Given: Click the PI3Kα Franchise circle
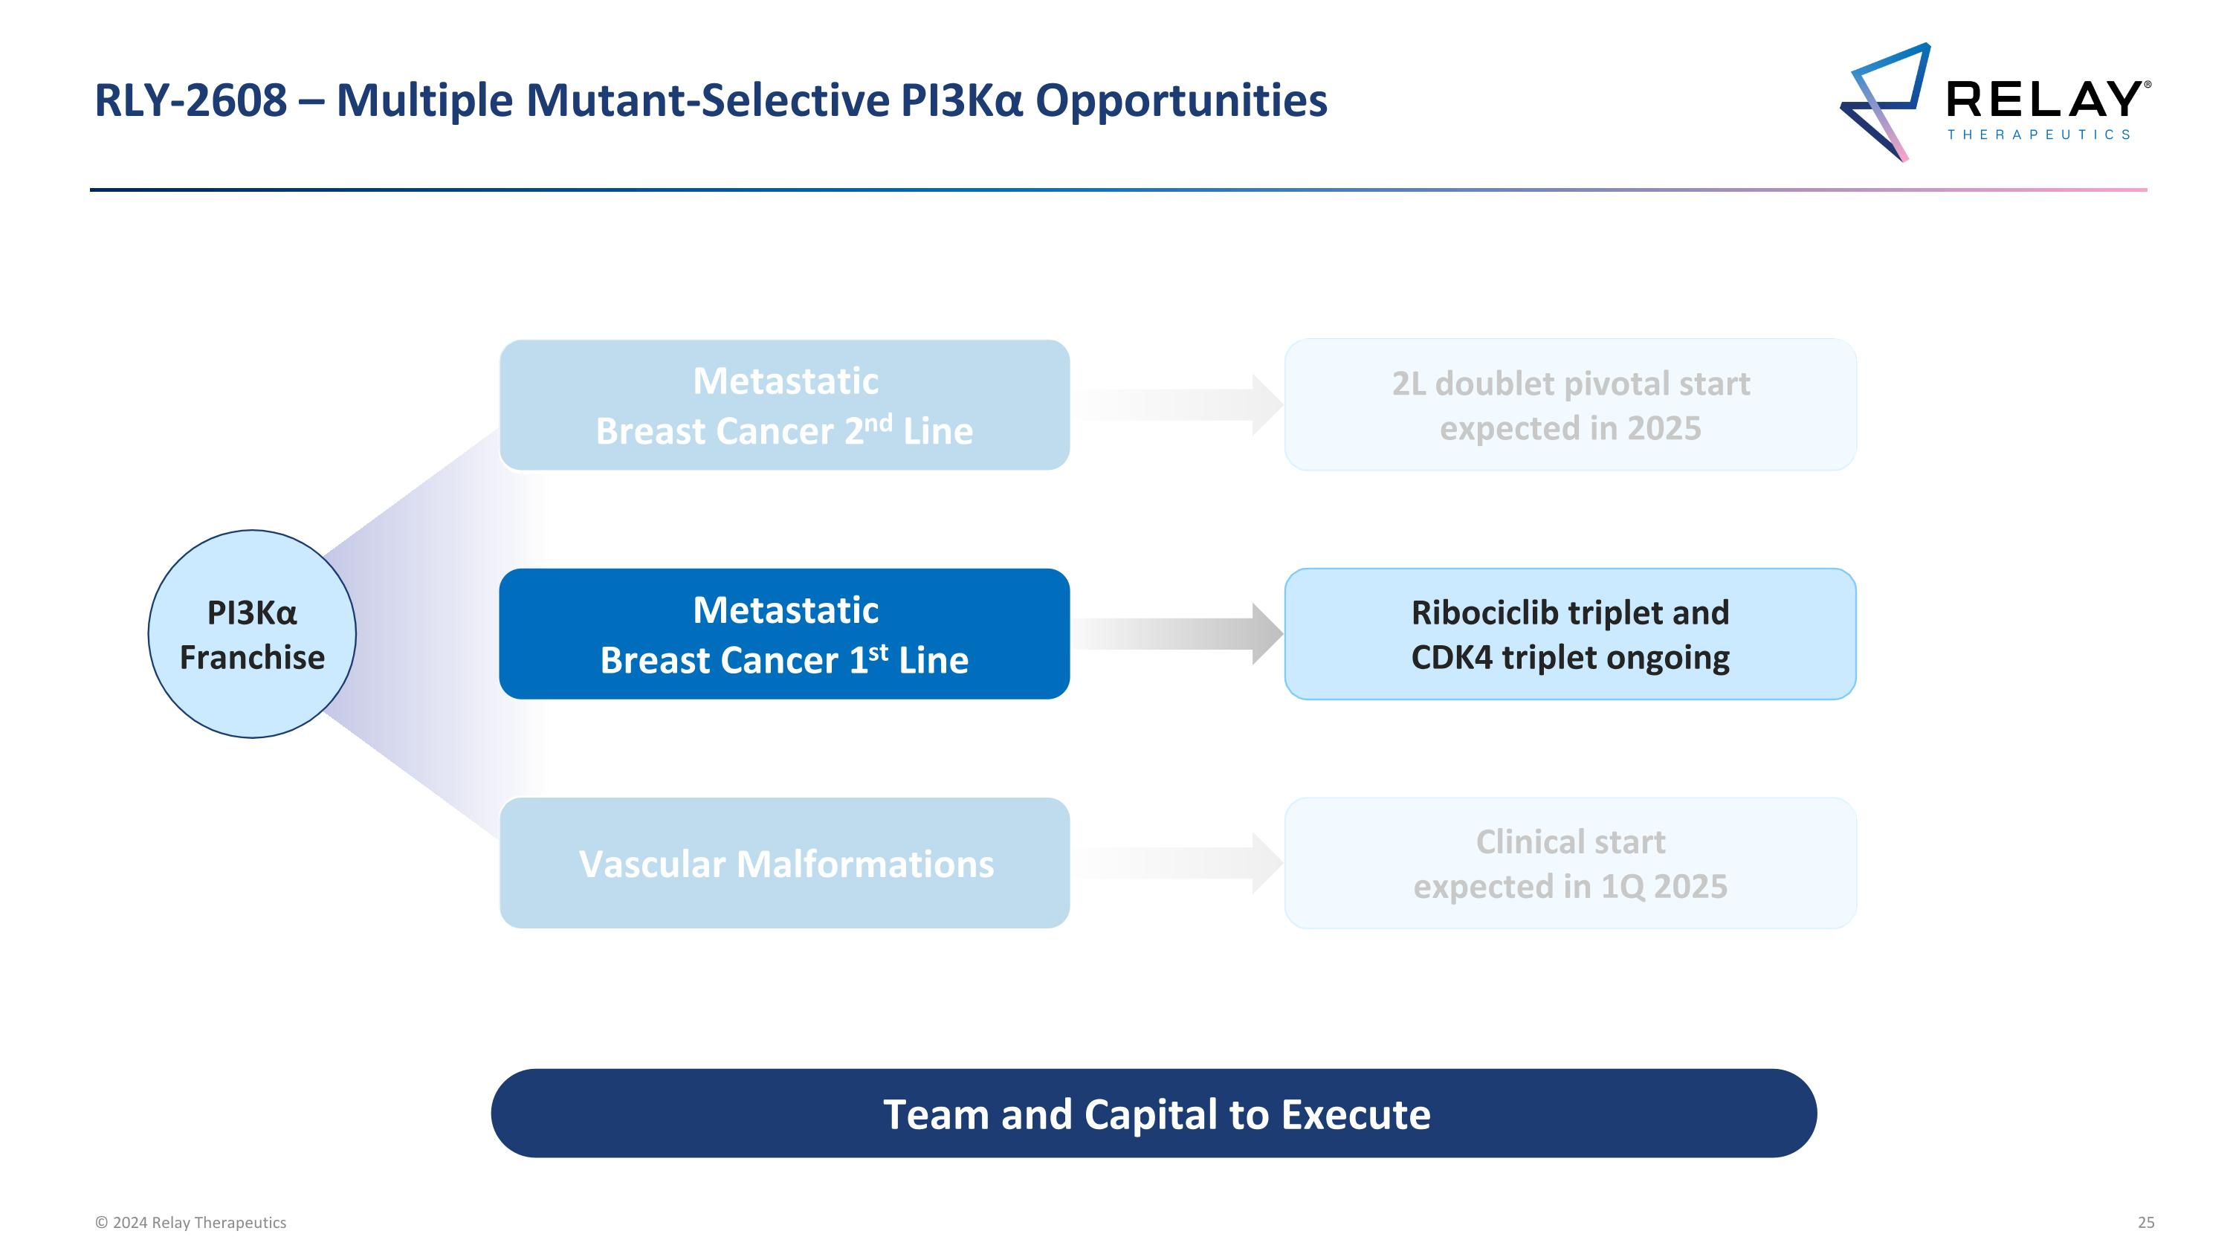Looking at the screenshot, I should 252,634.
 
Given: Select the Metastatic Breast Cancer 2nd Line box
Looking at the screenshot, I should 784,405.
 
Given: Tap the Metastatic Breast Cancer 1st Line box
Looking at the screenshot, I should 784,634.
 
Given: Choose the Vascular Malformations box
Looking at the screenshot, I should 784,863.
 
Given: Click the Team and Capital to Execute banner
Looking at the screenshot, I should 1153,1113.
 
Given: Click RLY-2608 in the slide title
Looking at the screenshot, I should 190,100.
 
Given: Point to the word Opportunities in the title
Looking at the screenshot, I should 1181,100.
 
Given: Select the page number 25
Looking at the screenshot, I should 2146,1223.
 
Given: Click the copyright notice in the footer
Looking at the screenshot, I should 190,1223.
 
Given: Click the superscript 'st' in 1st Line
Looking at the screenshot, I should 878,652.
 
